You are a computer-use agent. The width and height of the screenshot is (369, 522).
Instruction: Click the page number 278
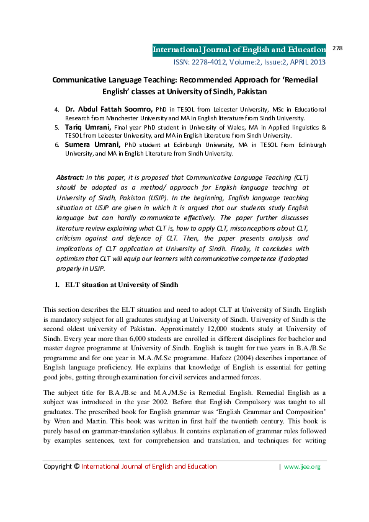pos(338,48)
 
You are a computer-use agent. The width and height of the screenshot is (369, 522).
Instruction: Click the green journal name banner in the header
pos(239,50)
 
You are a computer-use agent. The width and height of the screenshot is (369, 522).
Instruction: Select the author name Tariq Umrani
pos(89,126)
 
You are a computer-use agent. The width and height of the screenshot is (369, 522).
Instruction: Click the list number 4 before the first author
pos(57,110)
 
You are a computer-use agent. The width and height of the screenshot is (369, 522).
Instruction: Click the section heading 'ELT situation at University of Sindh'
pos(121,285)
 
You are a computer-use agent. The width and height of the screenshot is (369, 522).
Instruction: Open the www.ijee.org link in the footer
pos(302,484)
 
